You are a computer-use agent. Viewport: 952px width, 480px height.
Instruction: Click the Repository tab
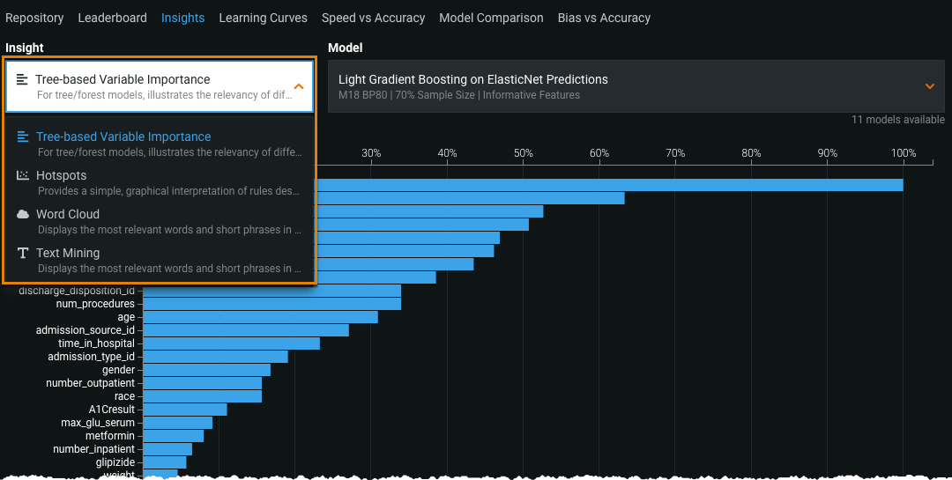34,18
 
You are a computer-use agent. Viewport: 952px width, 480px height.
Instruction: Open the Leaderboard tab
112,18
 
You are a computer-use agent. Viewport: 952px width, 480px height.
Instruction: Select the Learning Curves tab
263,18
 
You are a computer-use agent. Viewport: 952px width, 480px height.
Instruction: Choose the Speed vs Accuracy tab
373,18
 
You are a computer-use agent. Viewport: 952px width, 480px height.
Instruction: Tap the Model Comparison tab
491,18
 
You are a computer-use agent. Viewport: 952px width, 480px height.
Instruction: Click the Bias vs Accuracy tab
604,18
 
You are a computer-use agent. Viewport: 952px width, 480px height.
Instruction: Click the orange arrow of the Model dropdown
929,86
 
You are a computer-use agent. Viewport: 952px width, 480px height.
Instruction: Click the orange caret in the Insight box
299,86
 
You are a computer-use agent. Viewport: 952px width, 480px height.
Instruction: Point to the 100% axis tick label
904,153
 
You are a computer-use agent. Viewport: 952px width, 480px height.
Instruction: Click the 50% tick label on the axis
524,153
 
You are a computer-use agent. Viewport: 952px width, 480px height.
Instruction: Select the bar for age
260,317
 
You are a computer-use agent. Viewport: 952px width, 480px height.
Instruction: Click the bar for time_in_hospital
231,343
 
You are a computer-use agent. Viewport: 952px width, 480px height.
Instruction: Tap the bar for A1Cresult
184,410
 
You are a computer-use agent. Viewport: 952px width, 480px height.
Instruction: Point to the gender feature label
118,370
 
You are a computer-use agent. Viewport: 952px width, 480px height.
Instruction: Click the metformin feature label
109,436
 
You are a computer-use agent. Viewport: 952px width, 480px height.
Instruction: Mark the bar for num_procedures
271,304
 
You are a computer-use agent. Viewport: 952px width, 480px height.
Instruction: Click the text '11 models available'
897,120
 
